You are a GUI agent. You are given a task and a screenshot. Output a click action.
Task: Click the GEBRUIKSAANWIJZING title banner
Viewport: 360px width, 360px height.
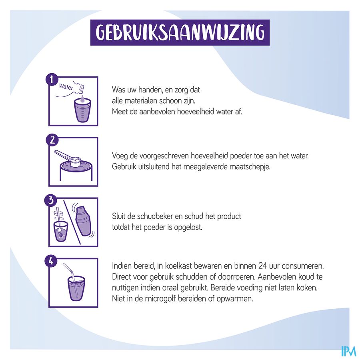click(180, 32)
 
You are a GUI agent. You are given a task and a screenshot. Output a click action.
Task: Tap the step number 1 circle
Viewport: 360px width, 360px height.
click(52, 80)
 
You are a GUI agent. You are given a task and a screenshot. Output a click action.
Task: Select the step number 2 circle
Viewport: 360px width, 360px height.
click(52, 140)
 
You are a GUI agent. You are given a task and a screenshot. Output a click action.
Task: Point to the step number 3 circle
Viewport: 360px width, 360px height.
click(51, 200)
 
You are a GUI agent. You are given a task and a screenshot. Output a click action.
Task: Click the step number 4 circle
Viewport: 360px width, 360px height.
click(52, 261)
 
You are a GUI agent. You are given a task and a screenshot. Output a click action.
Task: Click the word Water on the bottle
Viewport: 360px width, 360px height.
click(66, 87)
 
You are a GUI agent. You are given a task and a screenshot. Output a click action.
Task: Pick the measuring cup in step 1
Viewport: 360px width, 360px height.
click(83, 111)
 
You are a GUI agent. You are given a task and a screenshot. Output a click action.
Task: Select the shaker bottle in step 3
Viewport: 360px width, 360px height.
click(83, 221)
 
